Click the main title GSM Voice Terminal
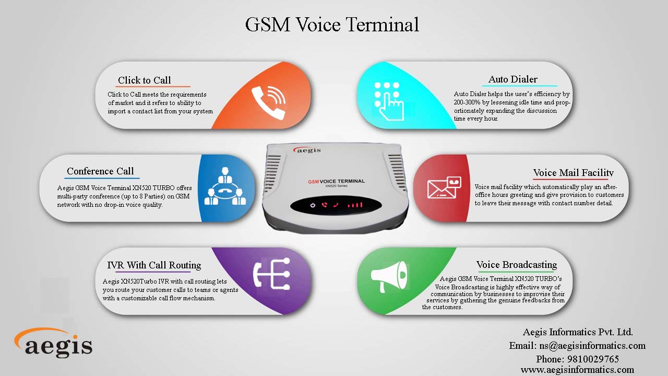[332, 25]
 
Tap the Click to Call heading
[145, 80]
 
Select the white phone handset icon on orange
[269, 102]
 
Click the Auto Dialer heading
[513, 79]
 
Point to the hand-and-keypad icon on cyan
[389, 101]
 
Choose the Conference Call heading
[100, 171]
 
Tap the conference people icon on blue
[225, 186]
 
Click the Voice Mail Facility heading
[573, 172]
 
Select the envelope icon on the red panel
[444, 187]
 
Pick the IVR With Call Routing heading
[154, 265]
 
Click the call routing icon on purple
[272, 274]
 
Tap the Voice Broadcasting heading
[517, 264]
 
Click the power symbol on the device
[313, 205]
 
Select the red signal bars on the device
[355, 205]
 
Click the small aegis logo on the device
[307, 149]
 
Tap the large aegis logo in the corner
[53, 343]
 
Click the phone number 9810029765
[593, 359]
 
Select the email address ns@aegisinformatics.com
[592, 346]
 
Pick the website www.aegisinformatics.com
[577, 369]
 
